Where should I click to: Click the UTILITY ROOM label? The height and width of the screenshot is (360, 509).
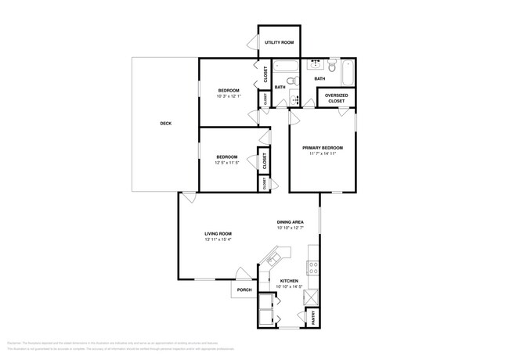click(x=279, y=42)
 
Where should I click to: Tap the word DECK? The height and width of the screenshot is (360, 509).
click(x=165, y=123)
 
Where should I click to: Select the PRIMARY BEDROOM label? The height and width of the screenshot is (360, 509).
click(x=323, y=147)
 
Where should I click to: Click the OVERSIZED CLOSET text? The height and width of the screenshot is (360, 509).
click(x=335, y=98)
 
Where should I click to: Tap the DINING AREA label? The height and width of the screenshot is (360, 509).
click(x=291, y=221)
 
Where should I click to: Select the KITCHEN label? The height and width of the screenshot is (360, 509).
click(x=290, y=281)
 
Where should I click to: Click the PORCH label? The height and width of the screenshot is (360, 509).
click(x=244, y=290)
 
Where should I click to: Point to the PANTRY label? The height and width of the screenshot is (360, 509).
click(x=314, y=317)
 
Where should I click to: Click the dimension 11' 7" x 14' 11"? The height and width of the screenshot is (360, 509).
click(x=323, y=154)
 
